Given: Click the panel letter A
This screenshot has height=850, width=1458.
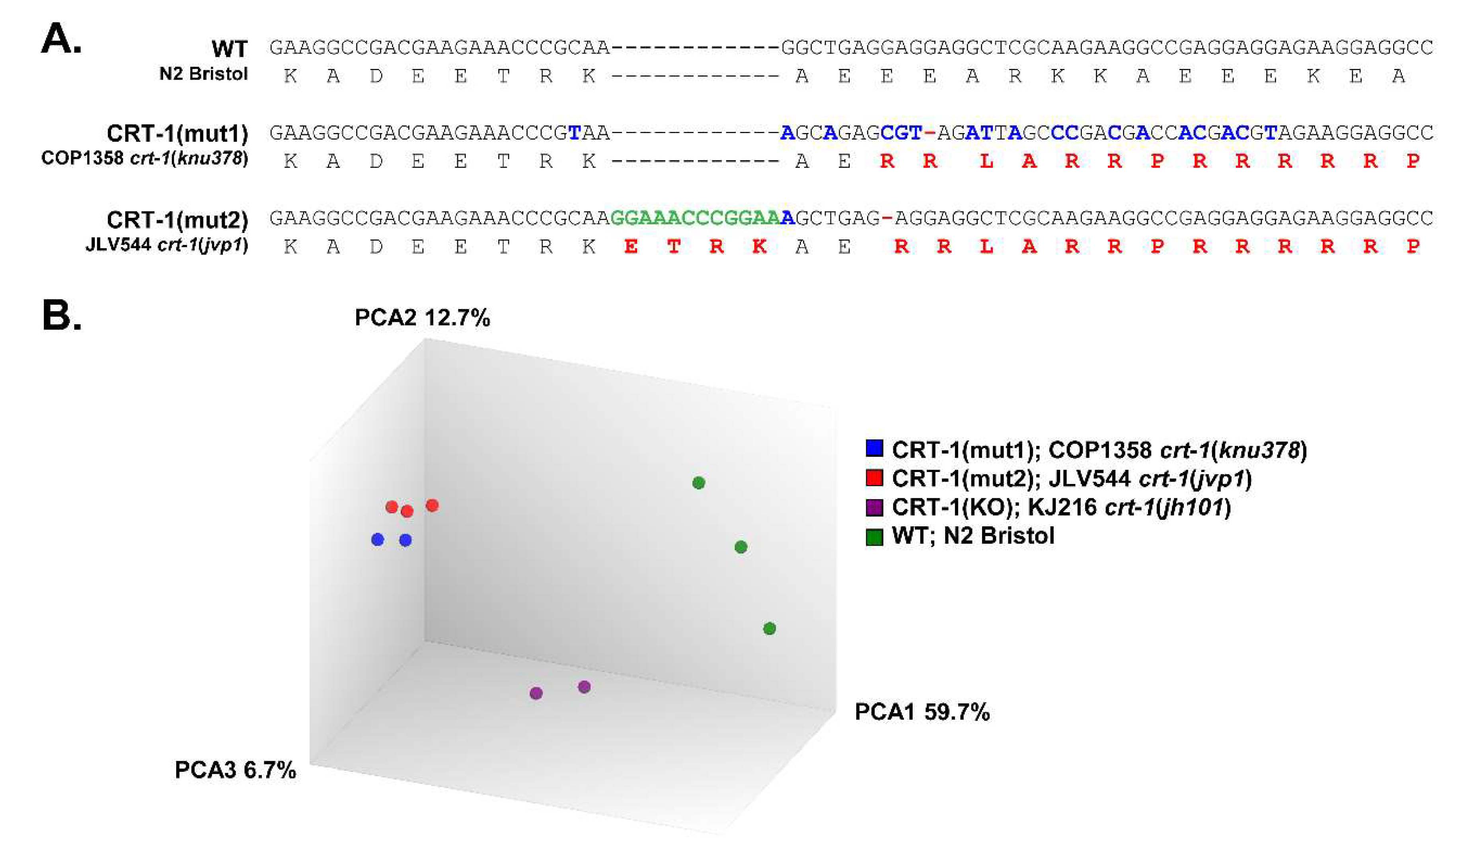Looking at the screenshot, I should (61, 39).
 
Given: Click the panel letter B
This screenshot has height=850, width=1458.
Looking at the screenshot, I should (61, 316).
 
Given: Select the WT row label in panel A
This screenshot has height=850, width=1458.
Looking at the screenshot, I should (229, 49).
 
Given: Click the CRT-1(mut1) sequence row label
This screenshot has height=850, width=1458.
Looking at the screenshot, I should (177, 134).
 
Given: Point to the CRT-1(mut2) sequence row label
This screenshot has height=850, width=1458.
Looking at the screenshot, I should (177, 220).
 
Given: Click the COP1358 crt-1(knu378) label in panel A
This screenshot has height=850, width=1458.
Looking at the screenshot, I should (144, 158).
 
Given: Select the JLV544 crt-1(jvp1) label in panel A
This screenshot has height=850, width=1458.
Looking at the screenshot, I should (167, 245).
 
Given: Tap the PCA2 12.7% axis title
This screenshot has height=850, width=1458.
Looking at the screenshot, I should (422, 318).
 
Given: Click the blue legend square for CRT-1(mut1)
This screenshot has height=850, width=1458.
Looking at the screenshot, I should (874, 449).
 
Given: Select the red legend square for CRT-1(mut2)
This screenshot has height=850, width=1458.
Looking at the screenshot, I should (874, 478).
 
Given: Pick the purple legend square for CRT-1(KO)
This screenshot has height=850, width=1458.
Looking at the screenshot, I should (874, 507).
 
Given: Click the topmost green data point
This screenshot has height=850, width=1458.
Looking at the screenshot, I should (698, 482).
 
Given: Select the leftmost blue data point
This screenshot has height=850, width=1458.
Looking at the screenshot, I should (377, 540).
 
